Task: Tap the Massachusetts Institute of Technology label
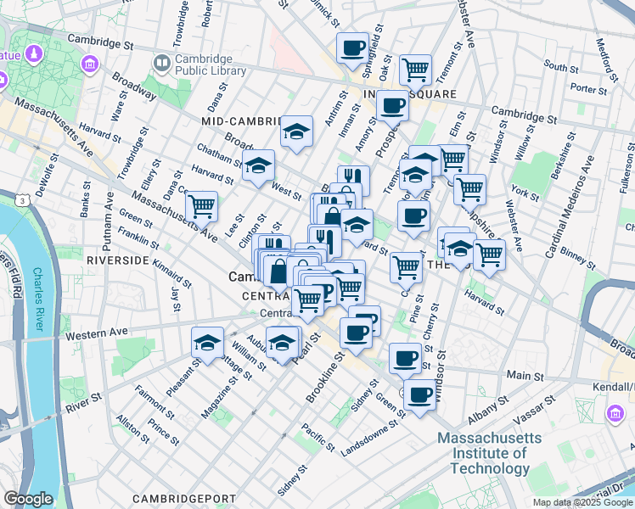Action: coord(489,453)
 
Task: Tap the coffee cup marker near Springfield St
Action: coord(352,48)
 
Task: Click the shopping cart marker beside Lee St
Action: coord(201,205)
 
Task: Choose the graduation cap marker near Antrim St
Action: coord(296,131)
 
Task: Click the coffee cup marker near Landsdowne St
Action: coord(419,394)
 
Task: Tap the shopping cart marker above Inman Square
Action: coord(415,69)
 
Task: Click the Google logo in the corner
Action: coord(28,499)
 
